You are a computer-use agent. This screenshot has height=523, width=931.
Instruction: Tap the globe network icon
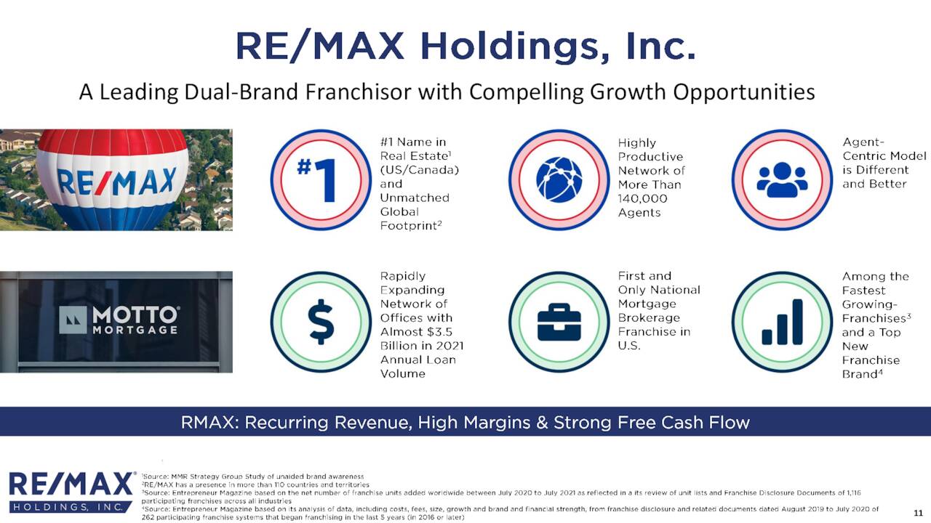tap(559, 179)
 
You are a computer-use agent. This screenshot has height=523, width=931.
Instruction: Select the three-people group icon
tap(782, 179)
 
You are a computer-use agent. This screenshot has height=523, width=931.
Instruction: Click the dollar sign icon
tap(321, 322)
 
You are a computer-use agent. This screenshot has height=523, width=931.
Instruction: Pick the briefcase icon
tap(559, 322)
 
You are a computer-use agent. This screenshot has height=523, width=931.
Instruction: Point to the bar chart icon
tap(782, 322)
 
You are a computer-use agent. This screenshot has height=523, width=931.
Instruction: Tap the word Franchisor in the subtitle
tap(359, 92)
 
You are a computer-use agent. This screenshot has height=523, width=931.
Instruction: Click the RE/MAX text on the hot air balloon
tap(116, 182)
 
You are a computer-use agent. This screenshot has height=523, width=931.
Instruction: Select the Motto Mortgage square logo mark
tap(73, 320)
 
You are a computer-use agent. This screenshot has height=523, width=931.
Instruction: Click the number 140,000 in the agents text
tap(642, 199)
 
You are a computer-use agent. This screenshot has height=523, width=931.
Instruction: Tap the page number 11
tap(918, 513)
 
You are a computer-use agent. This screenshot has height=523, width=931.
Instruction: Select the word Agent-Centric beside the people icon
tap(884, 149)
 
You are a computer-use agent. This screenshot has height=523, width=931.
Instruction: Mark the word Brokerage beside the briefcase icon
tap(649, 318)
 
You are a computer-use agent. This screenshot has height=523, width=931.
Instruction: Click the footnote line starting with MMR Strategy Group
tap(252, 477)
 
